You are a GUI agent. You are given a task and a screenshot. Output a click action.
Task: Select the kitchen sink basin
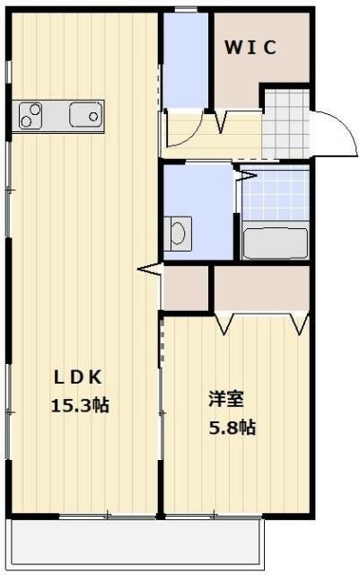(85, 115)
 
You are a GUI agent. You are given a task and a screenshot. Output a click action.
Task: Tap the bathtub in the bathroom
(276, 243)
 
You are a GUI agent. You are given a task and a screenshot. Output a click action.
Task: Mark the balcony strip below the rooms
(135, 544)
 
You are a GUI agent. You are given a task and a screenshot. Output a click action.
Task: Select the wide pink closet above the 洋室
(260, 287)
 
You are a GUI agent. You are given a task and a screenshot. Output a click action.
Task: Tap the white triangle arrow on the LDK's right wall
(149, 268)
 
